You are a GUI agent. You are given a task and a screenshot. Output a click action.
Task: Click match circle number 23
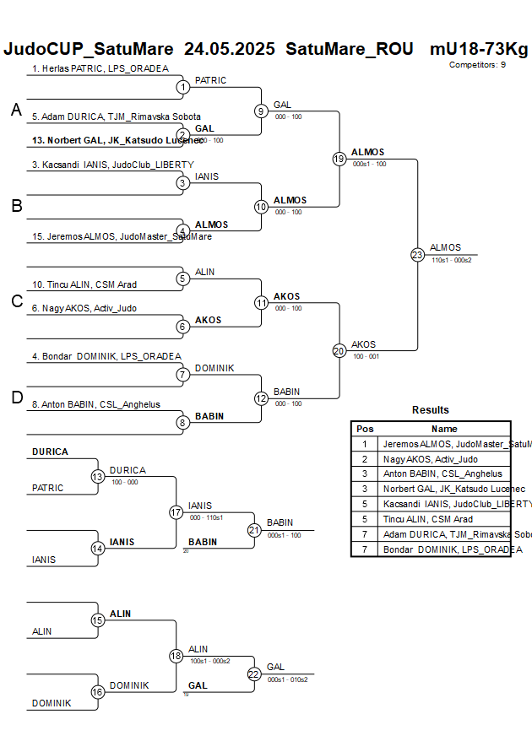pos(417,254)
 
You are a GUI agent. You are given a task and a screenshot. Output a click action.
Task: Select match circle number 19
pos(339,159)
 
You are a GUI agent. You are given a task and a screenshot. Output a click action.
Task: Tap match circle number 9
pos(261,111)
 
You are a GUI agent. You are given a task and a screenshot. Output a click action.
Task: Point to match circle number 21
pos(254,530)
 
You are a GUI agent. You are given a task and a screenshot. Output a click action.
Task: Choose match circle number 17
pos(176,512)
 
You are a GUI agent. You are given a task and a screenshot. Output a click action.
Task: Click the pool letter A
pos(15,110)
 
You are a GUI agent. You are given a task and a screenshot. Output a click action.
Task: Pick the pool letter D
pos(16,398)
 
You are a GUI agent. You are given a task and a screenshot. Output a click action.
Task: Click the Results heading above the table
pos(430,410)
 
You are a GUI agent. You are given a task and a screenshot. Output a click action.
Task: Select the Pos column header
pos(365,429)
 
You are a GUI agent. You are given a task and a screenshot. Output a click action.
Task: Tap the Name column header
pos(444,429)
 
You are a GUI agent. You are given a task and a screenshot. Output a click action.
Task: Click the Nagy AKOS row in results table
pos(430,459)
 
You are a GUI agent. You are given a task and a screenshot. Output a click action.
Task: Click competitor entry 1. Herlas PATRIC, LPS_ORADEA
pos(100,68)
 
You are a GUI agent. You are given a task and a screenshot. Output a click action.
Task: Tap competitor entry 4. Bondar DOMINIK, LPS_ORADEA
pos(106,356)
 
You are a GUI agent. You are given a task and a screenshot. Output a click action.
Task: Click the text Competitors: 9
pos(477,64)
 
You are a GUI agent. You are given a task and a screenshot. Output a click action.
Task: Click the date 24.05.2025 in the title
pos(229,49)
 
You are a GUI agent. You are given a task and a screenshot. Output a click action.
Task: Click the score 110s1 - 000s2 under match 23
pos(451,260)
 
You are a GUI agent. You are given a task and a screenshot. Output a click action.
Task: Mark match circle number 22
pos(254,674)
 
